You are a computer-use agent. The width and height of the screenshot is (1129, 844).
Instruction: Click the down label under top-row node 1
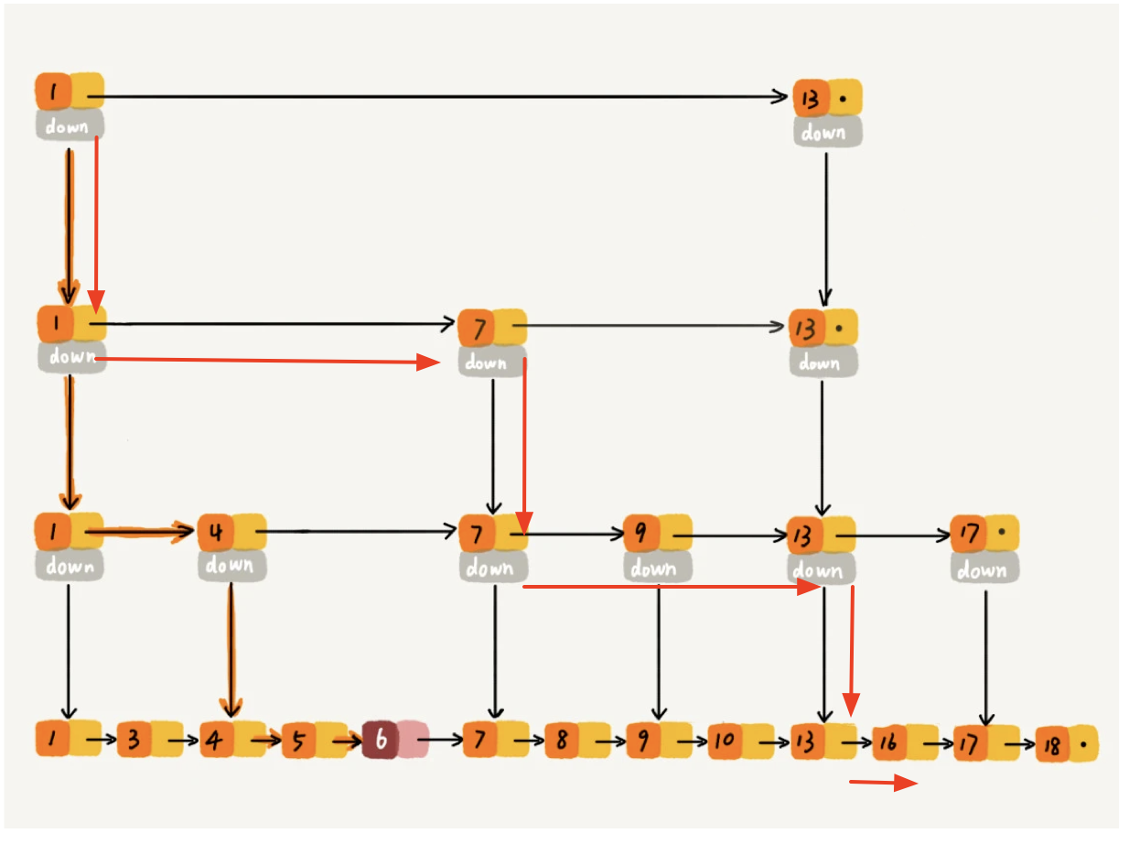tap(70, 125)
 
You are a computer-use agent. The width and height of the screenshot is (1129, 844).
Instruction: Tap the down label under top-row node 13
tap(825, 133)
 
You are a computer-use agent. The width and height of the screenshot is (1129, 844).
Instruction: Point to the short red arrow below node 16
tap(884, 783)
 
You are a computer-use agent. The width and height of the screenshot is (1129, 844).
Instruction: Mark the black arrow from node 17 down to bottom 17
tap(985, 655)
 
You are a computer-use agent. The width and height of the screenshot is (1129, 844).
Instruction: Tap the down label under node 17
tap(983, 569)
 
